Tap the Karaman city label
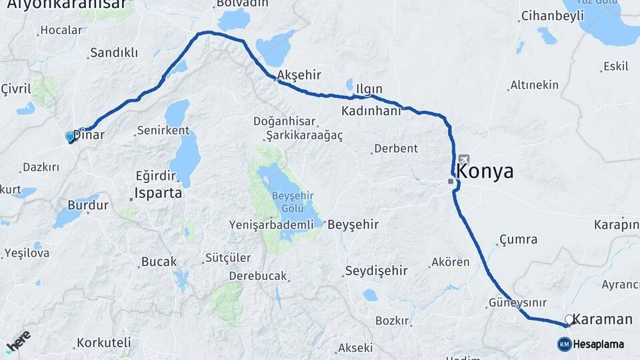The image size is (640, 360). (602, 319)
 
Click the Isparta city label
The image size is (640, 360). (158, 193)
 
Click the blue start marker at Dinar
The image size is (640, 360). (70, 137)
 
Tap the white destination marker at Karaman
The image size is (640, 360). (568, 320)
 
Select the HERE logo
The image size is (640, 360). (18, 340)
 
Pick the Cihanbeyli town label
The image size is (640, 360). (552, 16)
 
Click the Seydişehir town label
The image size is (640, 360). (375, 271)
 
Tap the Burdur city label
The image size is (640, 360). (87, 205)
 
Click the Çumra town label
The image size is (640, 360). (518, 239)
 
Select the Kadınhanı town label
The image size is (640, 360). (371, 111)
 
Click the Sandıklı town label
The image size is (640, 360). (113, 53)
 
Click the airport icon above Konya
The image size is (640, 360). (463, 160)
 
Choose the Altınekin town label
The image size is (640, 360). (533, 85)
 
